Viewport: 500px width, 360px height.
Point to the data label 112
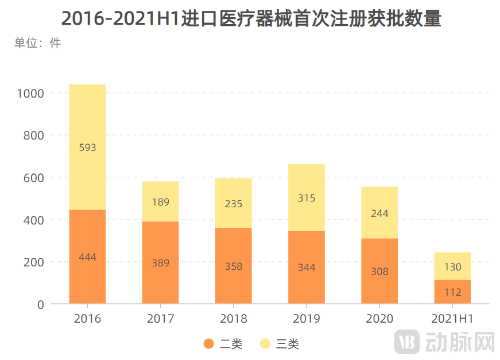point(452,292)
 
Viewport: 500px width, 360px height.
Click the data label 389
point(160,263)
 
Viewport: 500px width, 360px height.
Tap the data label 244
point(379,214)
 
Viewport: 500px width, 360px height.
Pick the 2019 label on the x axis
point(307,319)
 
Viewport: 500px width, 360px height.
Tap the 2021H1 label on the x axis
point(452,319)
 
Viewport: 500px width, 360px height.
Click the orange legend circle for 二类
point(209,344)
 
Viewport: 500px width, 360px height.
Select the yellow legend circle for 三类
point(265,344)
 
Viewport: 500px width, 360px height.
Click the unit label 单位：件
point(37,43)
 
